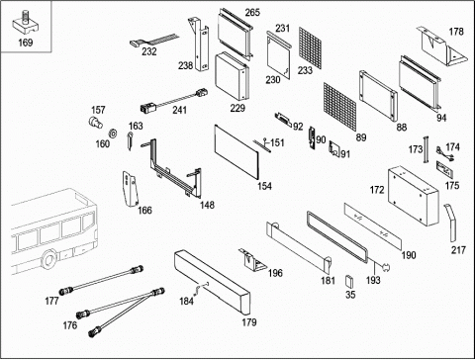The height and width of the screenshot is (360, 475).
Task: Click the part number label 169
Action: (x=26, y=43)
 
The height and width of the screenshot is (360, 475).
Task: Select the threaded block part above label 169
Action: (x=25, y=24)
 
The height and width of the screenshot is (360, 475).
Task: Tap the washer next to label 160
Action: (x=113, y=134)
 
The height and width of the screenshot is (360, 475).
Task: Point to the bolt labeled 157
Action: (x=95, y=122)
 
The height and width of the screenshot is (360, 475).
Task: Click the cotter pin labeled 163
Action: (x=130, y=140)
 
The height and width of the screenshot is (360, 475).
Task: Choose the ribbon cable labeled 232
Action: (x=153, y=41)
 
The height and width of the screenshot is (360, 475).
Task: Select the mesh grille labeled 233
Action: (x=310, y=47)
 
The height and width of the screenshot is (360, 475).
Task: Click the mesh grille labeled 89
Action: (x=339, y=107)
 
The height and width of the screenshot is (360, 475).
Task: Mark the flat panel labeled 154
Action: (x=237, y=151)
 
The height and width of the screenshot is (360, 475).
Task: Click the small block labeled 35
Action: (x=349, y=281)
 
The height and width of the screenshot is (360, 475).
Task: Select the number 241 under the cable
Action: (x=179, y=110)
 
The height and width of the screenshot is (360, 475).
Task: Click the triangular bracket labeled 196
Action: (x=252, y=260)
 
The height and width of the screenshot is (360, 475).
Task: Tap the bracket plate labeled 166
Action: (x=130, y=189)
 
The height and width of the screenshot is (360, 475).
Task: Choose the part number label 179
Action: (x=249, y=322)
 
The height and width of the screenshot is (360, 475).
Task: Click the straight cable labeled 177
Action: (x=101, y=280)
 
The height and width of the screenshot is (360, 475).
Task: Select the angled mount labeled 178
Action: (x=442, y=47)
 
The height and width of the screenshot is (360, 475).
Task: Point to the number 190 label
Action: (x=409, y=255)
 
